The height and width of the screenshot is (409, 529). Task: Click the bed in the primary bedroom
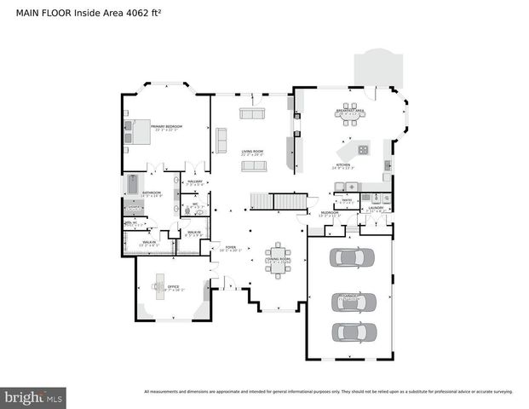pos(137,132)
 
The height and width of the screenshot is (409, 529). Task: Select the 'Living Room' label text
pos(251,152)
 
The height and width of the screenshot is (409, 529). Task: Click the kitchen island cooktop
pos(363,149)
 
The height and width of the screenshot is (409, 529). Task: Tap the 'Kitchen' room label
pos(343,165)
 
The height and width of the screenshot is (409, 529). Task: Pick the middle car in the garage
pos(353,300)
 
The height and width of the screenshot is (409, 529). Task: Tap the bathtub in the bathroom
pos(132,185)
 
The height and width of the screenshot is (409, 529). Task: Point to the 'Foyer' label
pos(230,248)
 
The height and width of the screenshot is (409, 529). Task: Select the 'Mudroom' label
pos(330,213)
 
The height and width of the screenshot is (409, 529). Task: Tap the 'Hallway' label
pos(193,182)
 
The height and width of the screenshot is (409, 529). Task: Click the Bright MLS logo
pos(34,397)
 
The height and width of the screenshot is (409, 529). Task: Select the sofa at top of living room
pos(251,113)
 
